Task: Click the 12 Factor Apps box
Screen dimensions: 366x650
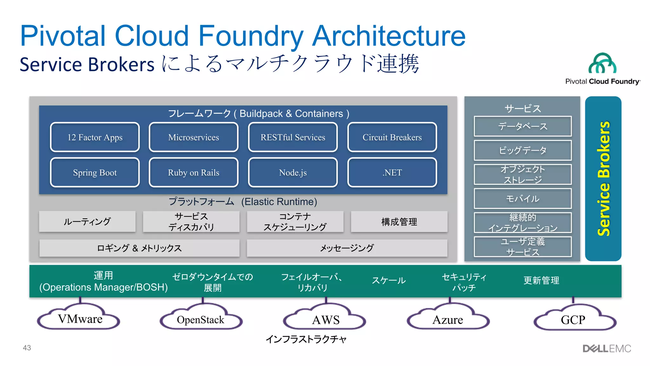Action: (x=95, y=137)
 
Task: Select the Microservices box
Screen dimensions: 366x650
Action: (x=194, y=137)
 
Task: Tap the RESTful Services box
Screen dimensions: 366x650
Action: (x=293, y=137)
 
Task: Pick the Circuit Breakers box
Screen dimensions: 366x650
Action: (x=392, y=137)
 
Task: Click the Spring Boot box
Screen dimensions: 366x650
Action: (x=95, y=172)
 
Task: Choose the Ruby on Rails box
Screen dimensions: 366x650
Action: (x=194, y=172)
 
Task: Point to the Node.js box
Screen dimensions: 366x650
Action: (x=293, y=172)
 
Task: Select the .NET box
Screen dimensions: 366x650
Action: (x=392, y=172)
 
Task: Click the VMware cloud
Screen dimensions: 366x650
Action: (x=79, y=318)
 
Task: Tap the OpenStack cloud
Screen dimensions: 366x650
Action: (x=201, y=319)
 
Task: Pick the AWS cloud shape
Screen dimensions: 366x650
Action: (x=325, y=319)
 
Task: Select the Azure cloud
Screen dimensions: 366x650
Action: (x=448, y=319)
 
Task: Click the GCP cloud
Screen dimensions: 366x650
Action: (x=573, y=319)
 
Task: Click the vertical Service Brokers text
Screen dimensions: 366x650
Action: (x=603, y=179)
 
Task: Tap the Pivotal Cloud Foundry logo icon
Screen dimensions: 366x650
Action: (x=602, y=63)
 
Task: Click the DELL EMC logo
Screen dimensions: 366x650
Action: (x=607, y=349)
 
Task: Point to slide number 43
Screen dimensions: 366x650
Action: (x=27, y=348)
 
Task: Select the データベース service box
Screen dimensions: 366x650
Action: (x=522, y=126)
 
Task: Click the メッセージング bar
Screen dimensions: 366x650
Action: (x=347, y=248)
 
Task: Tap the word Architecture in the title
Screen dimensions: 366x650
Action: (x=388, y=36)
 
